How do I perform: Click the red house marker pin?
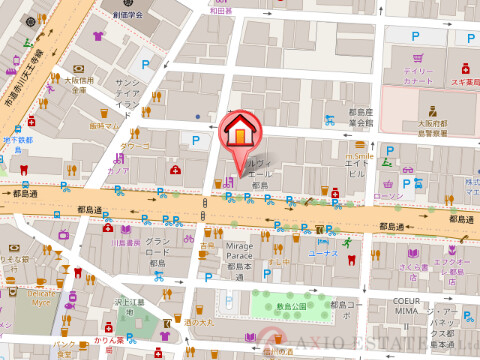pos(240,131)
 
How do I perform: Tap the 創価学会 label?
pos(127,15)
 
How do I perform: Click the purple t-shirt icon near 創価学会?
pos(98,37)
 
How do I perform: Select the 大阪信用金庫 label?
pos(79,85)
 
